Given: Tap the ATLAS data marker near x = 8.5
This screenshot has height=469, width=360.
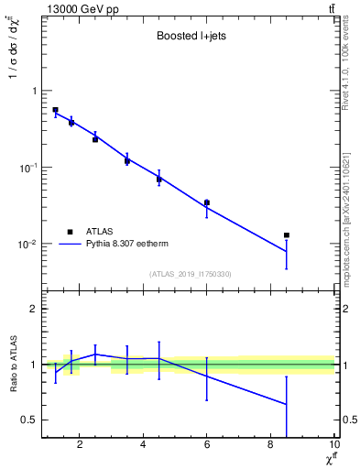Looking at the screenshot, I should tap(287, 235).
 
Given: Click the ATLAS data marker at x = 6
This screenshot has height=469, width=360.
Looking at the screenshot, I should tap(207, 202).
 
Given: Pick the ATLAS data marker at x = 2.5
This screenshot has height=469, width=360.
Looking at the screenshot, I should tap(95, 139).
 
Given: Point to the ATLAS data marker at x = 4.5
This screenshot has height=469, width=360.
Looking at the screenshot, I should tap(158, 179).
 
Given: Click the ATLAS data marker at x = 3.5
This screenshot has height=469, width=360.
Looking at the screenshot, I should tap(127, 160).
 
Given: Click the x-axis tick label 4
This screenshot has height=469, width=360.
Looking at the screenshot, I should tap(143, 446).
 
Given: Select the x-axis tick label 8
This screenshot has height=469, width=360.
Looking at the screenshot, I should tap(270, 446).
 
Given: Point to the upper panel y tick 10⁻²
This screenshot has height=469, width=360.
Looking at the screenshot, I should tap(27, 245).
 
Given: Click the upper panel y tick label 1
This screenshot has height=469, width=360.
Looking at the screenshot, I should tap(33, 91).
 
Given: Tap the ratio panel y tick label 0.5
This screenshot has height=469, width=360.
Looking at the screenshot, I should tap(29, 420).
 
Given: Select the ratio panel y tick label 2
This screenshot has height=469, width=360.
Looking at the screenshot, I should tap(33, 309).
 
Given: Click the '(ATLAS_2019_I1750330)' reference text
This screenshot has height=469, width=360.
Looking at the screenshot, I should tap(190, 273).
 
